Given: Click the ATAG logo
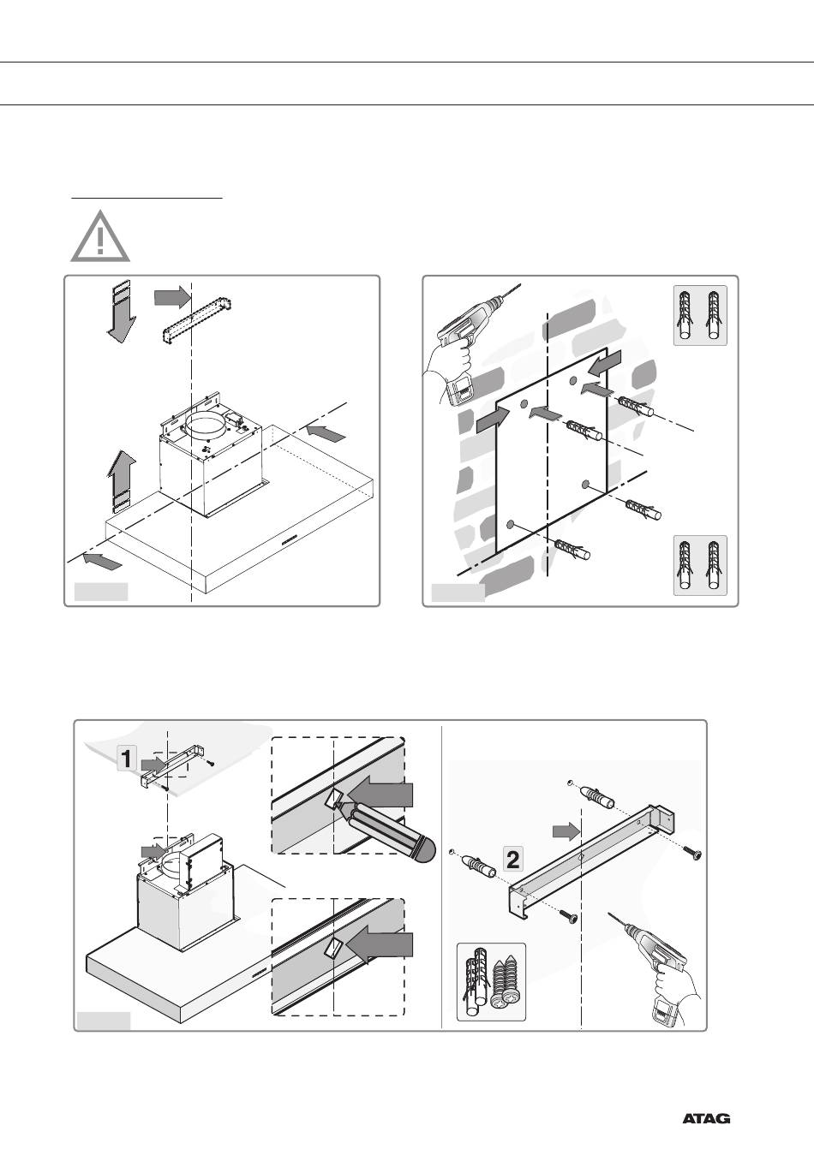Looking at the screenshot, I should tap(706, 1118).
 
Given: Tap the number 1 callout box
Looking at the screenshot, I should tap(126, 757).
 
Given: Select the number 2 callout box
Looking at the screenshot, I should tap(512, 859).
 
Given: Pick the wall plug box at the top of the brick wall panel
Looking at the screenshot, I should tap(700, 315).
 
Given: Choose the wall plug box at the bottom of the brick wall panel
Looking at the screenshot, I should tap(700, 564).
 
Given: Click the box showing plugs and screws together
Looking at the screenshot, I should tap(491, 982).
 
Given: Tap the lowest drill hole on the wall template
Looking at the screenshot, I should tap(512, 524).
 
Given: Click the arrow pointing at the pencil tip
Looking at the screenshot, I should tap(382, 794).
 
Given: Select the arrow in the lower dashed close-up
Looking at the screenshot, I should tap(382, 944).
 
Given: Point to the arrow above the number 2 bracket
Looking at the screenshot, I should tap(564, 830).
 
